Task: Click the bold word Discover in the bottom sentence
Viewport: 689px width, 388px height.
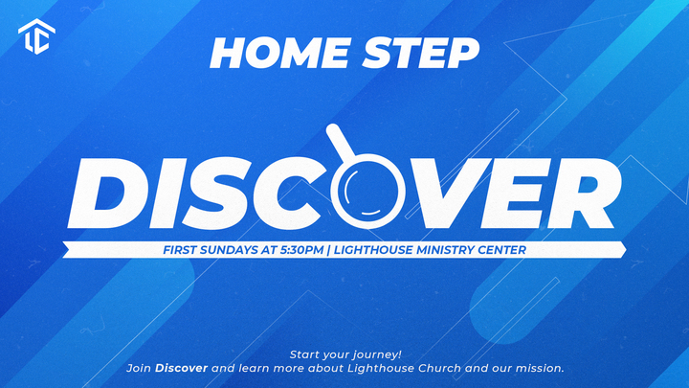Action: point(182,368)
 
